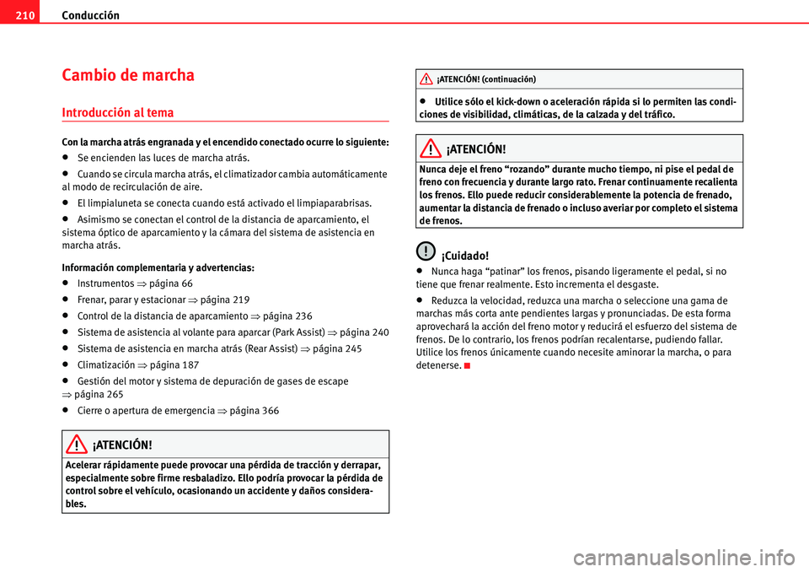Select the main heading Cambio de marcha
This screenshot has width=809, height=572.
128,75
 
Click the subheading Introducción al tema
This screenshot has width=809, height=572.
118,111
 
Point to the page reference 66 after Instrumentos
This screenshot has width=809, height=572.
187,283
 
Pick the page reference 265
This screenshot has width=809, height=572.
115,394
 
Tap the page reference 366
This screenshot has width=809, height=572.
271,410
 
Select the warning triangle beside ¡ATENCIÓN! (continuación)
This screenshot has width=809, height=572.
428,79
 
